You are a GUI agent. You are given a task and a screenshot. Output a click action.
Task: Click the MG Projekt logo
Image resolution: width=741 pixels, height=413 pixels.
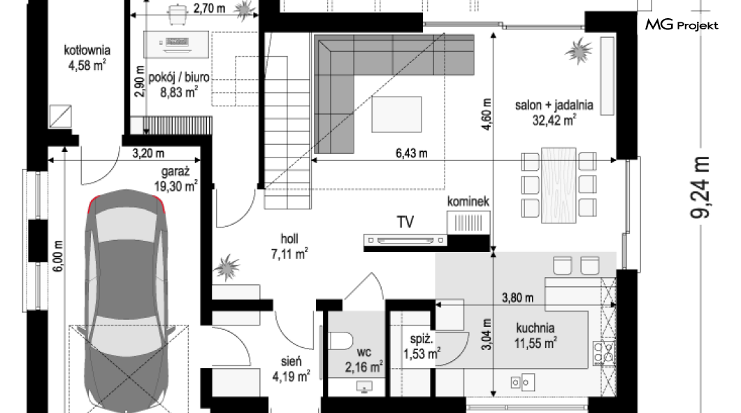pyautogui.click(x=682, y=24)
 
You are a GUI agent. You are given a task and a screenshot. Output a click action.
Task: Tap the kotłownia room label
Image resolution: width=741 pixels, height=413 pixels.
pyautogui.click(x=87, y=50)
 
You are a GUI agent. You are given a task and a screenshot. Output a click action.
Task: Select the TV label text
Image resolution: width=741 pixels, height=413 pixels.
pyautogui.click(x=405, y=222)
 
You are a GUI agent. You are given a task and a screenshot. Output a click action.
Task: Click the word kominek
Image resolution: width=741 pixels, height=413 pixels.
pyautogui.click(x=468, y=202)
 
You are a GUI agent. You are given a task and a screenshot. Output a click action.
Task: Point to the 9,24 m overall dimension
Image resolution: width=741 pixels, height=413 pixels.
pyautogui.click(x=700, y=188)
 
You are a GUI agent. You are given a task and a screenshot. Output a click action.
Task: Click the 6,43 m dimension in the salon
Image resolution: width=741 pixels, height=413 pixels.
pyautogui.click(x=411, y=153)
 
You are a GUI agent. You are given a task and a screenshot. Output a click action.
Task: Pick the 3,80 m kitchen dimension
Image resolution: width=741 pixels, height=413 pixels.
pyautogui.click(x=517, y=297)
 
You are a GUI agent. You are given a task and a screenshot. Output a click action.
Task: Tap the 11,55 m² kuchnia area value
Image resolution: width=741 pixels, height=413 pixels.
pyautogui.click(x=535, y=343)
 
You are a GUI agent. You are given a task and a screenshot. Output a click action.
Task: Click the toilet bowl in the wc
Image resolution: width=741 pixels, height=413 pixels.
pyautogui.click(x=340, y=341)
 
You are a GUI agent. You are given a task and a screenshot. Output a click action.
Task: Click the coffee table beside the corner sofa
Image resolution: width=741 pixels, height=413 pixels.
pyautogui.click(x=396, y=115)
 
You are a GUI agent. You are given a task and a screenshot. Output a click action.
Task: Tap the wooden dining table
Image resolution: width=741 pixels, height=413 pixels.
pyautogui.click(x=559, y=185)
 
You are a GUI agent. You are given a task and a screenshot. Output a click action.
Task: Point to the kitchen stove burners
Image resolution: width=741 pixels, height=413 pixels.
pyautogui.click(x=603, y=353)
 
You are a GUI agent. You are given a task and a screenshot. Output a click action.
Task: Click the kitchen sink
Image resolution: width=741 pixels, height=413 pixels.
pyautogui.click(x=522, y=382)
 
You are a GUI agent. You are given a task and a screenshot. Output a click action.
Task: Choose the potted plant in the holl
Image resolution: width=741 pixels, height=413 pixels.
pyautogui.click(x=226, y=267)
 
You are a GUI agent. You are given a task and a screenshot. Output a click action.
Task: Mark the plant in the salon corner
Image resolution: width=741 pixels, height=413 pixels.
pyautogui.click(x=578, y=50)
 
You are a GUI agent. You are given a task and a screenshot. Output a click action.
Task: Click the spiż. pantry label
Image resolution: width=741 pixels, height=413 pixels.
pyautogui.click(x=422, y=339)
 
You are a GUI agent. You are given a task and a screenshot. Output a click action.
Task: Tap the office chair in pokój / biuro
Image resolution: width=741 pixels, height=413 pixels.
pyautogui.click(x=177, y=14)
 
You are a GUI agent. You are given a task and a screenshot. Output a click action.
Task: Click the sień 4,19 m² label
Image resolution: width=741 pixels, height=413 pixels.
pyautogui.click(x=291, y=369)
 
